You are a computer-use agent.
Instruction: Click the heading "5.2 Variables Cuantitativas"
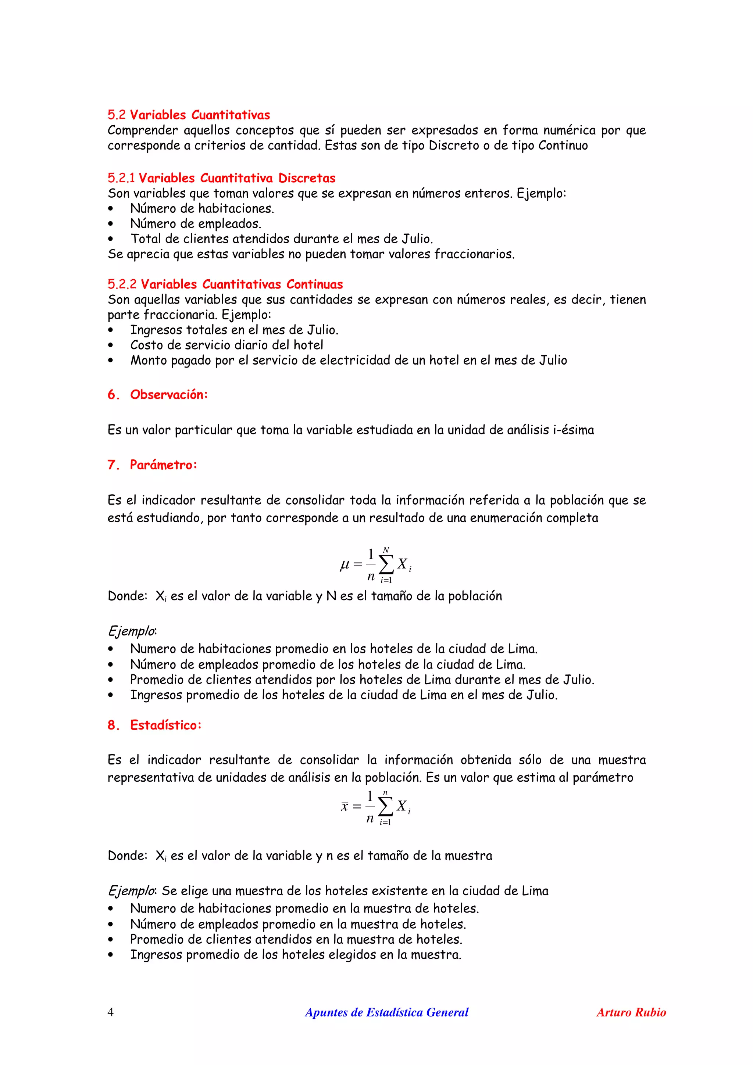[x=189, y=115]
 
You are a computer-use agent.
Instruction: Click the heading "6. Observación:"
[x=158, y=394]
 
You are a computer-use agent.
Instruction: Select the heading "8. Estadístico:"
[x=154, y=725]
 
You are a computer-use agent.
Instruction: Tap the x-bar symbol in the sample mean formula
[x=344, y=807]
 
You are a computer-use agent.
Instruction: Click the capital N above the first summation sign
[x=386, y=550]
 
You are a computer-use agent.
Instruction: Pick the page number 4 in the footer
[x=110, y=1012]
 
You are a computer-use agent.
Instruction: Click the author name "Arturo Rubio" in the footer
[x=631, y=1012]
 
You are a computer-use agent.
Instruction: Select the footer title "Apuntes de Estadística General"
[x=386, y=1012]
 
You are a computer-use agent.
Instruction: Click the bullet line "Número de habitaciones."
[x=202, y=208]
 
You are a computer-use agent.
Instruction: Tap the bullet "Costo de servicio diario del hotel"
[x=226, y=345]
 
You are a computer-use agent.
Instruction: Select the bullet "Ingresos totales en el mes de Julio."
[x=234, y=330]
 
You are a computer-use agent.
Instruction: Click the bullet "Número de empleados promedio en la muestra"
[x=298, y=924]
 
